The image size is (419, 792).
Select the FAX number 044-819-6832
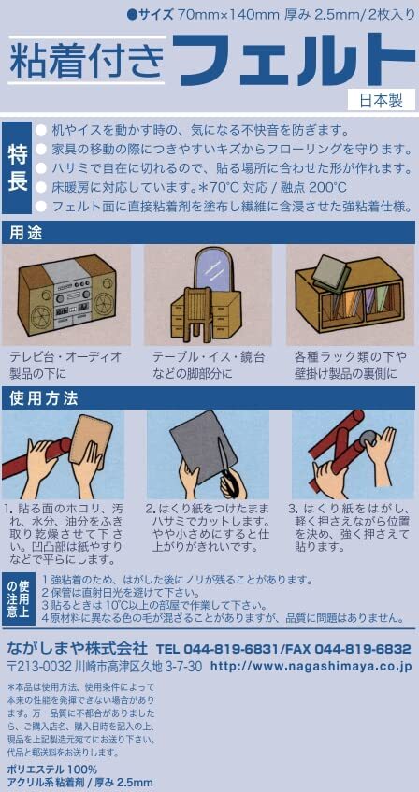[x=359, y=648]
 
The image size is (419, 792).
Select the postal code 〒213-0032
[x=40, y=666]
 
